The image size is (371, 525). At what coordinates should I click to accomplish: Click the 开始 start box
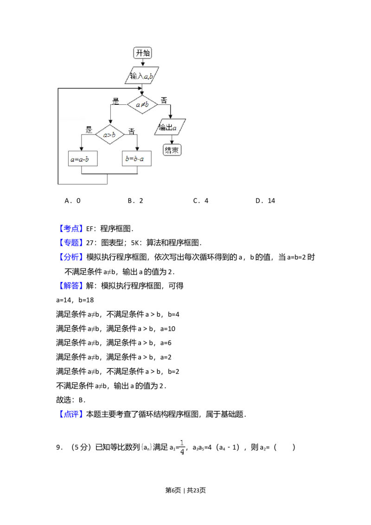(x=143, y=53)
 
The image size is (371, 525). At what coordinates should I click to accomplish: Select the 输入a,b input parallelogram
(x=142, y=76)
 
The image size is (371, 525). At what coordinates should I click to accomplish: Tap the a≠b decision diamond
(x=142, y=105)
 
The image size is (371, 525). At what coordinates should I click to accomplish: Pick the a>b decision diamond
(x=110, y=134)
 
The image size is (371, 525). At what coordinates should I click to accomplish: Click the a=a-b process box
(x=82, y=160)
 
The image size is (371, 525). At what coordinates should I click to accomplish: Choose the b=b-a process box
(x=137, y=160)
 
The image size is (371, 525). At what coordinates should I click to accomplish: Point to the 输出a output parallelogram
(x=170, y=127)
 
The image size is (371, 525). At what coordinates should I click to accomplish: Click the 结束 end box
(x=172, y=150)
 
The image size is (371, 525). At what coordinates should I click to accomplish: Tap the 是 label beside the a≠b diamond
(x=116, y=100)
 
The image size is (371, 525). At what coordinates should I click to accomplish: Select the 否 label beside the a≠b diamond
(x=164, y=100)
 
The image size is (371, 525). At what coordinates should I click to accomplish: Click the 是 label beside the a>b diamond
(x=89, y=130)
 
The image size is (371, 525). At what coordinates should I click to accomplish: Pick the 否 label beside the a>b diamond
(x=132, y=131)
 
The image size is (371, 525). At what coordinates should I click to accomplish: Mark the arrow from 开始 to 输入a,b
(x=143, y=64)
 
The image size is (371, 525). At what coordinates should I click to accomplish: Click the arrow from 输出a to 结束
(x=172, y=140)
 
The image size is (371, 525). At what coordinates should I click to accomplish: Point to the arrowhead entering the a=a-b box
(x=82, y=149)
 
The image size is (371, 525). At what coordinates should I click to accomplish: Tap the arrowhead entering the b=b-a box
(x=137, y=149)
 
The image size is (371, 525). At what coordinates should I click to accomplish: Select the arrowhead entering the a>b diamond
(x=110, y=123)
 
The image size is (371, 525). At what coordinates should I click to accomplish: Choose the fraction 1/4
(x=183, y=447)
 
